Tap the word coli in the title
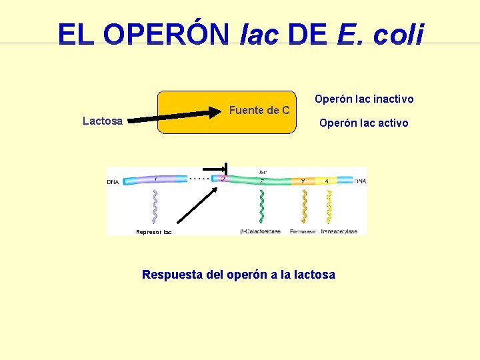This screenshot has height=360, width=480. [397, 34]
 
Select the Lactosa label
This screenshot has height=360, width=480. [102, 121]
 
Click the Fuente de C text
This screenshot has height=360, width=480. [259, 110]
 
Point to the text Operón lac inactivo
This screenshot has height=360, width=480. [364, 99]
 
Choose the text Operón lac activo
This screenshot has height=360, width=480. [363, 123]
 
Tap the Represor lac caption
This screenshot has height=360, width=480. [154, 232]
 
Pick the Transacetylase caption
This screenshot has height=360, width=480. [339, 231]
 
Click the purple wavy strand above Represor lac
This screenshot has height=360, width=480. [155, 205]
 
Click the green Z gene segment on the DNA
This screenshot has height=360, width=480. [260, 181]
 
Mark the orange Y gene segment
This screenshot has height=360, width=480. [303, 181]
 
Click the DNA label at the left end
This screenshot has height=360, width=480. [113, 181]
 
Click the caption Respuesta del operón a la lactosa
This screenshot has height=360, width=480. [239, 275]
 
